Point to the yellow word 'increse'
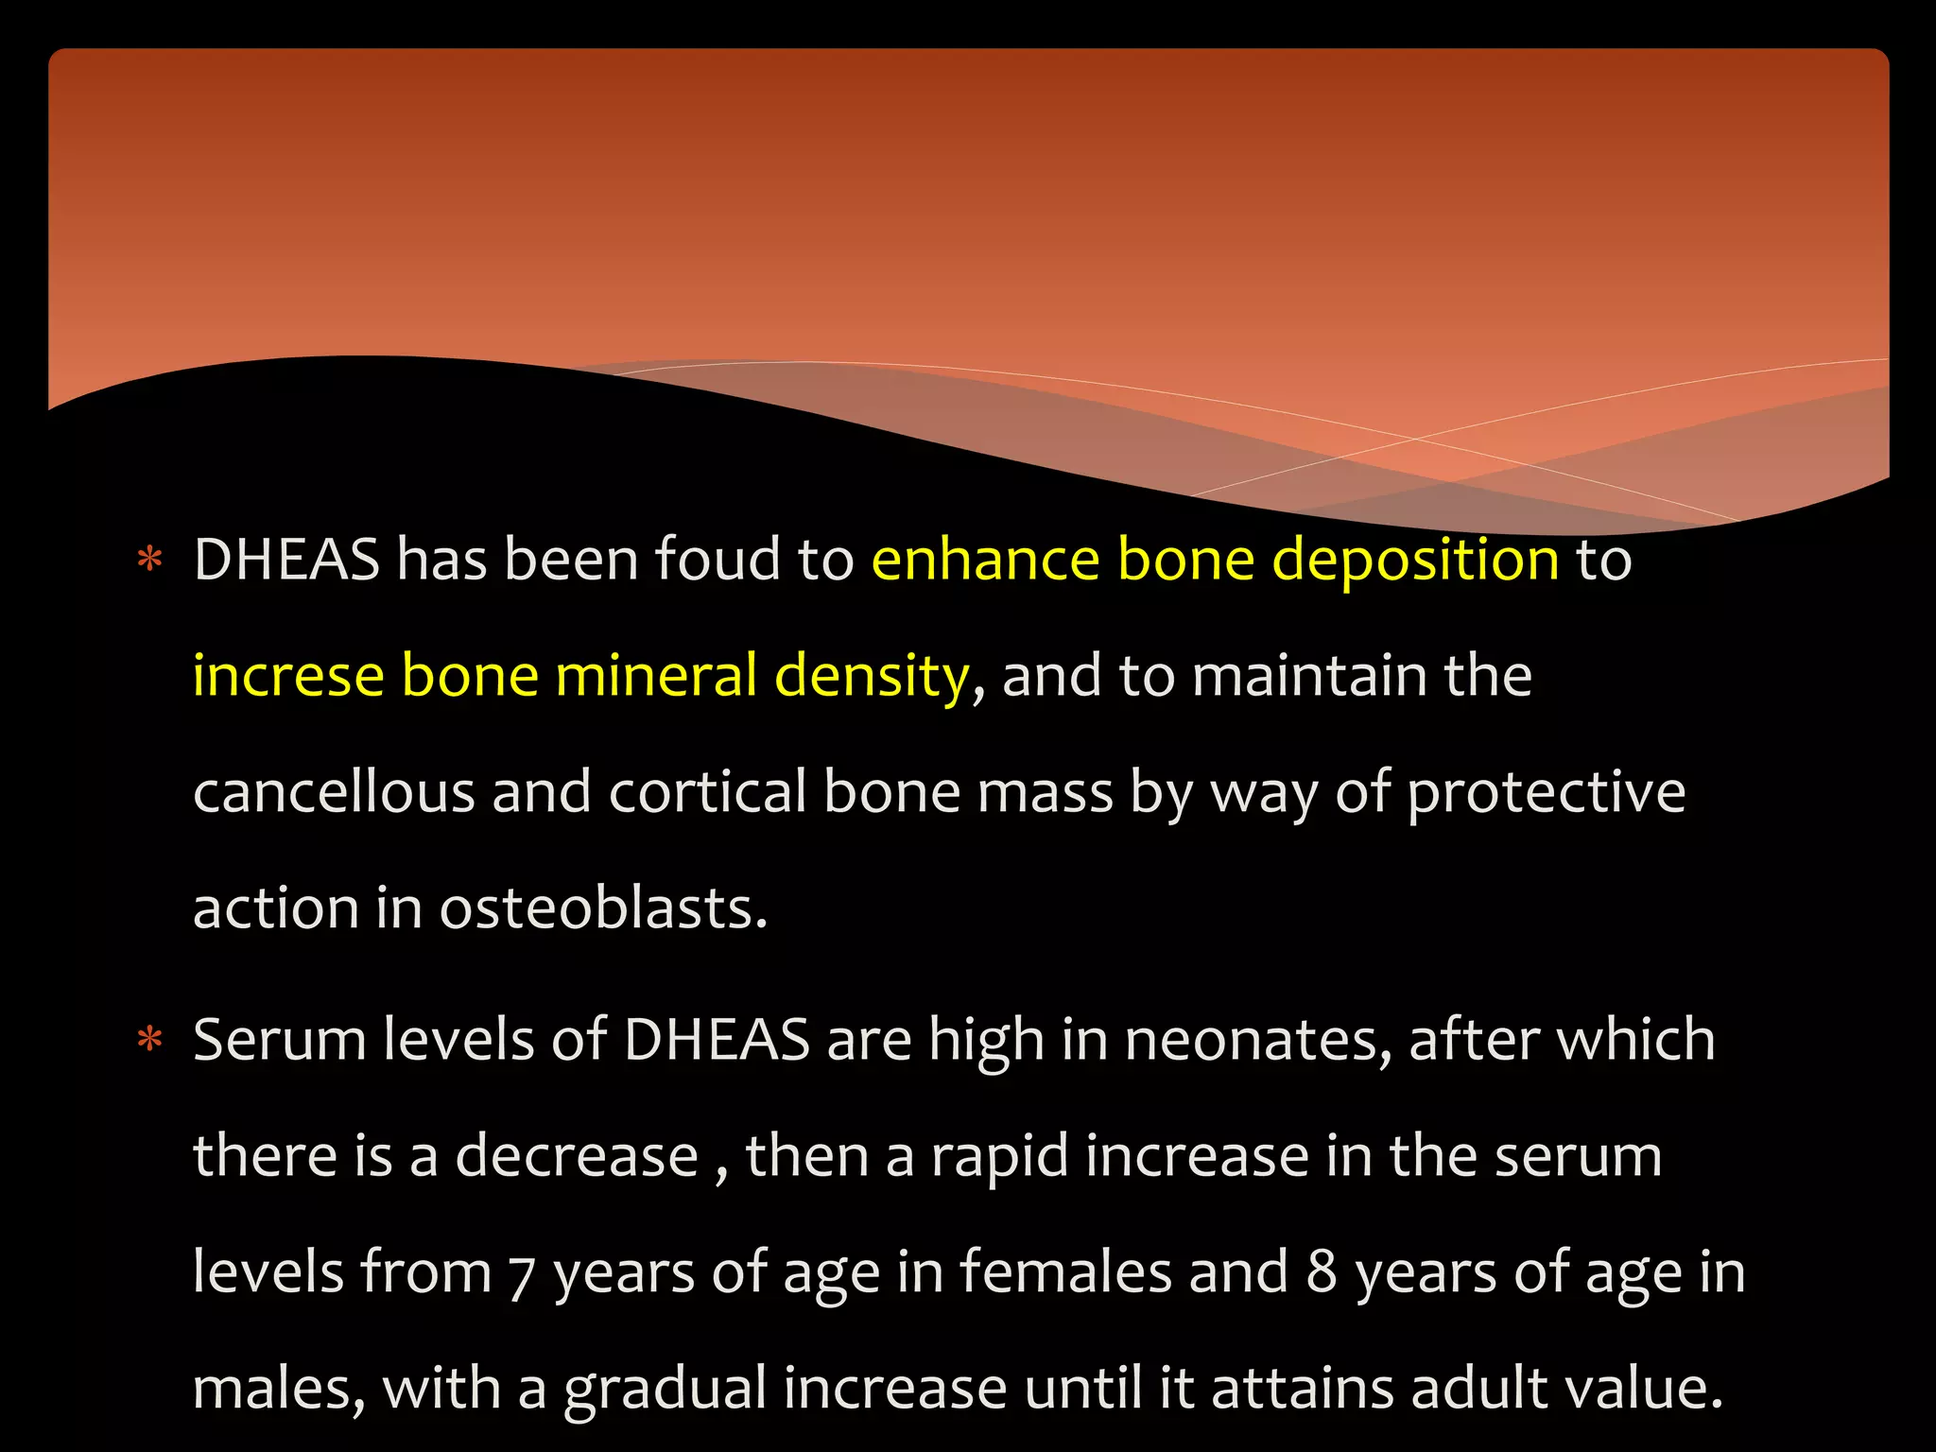point(288,676)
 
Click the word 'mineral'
point(656,676)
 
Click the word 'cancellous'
point(334,791)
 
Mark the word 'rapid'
point(999,1158)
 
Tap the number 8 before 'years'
point(1322,1272)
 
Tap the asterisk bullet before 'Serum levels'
point(150,1040)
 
